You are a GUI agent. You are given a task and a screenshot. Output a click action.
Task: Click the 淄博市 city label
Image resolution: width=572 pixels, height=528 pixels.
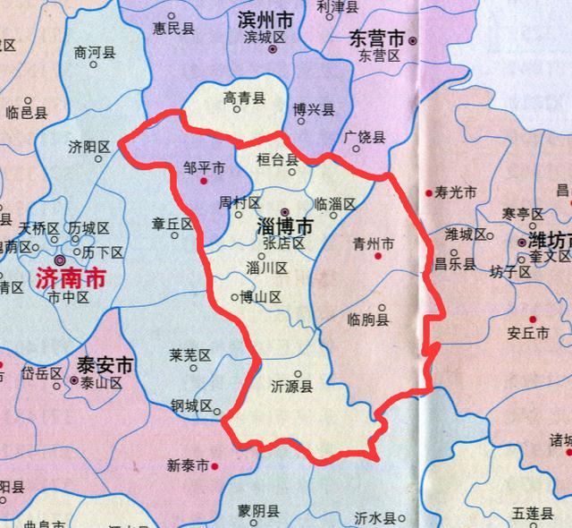point(285,227)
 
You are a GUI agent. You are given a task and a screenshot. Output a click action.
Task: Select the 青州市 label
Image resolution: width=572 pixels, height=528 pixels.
point(374,243)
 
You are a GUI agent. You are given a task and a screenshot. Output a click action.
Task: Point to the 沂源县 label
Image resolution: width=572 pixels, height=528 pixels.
point(291,387)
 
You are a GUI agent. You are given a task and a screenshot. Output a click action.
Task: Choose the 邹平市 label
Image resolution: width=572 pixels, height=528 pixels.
point(203,167)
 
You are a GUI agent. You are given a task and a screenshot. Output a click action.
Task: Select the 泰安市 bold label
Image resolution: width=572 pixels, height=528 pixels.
point(105,365)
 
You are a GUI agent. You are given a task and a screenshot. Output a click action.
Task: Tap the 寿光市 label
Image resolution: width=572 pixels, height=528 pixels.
point(456,192)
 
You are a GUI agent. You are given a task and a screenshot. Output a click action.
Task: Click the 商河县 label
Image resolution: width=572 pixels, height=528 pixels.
point(96,53)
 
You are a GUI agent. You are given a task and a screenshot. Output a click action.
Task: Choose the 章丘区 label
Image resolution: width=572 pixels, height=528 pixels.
point(172,224)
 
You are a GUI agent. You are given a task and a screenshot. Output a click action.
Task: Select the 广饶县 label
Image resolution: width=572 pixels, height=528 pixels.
point(364,138)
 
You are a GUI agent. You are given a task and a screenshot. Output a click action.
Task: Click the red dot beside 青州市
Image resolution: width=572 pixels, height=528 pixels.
point(380,257)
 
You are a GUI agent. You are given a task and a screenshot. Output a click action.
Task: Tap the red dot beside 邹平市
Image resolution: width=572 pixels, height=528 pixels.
point(204,181)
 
